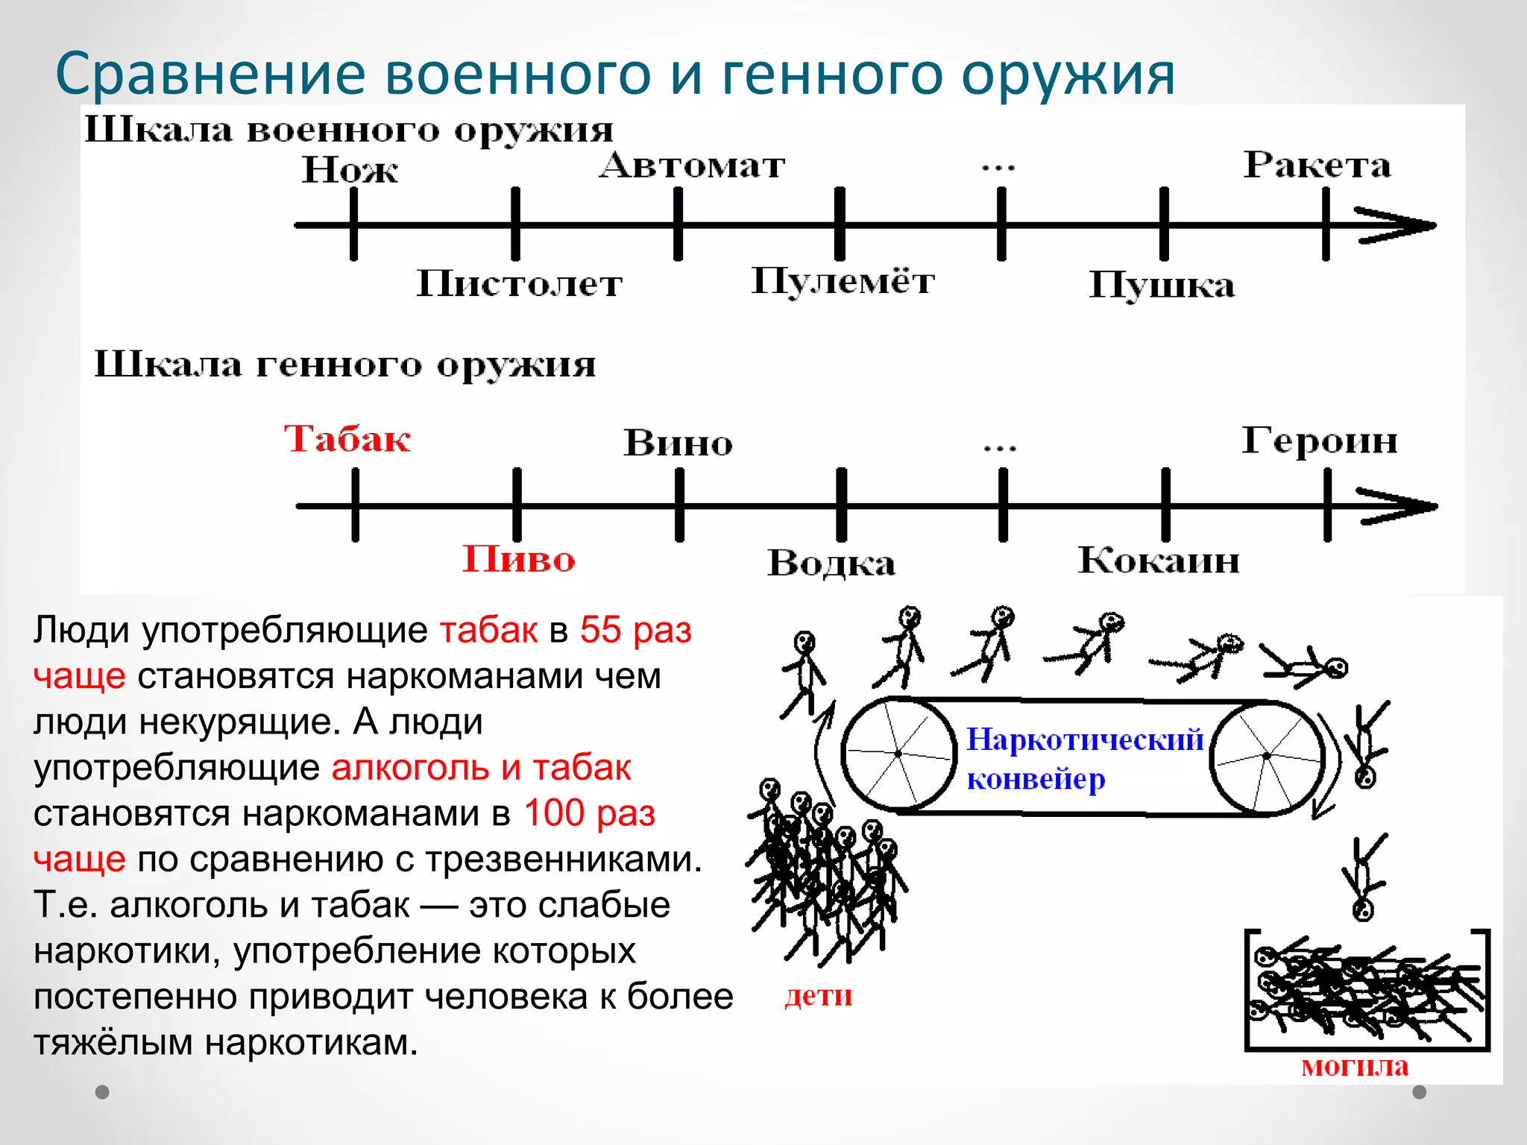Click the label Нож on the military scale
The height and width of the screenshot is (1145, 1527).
coord(349,170)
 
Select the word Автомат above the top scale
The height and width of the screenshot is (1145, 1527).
coord(692,165)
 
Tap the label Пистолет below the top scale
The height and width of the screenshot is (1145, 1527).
coord(519,284)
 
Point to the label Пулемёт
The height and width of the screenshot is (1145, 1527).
coord(843,282)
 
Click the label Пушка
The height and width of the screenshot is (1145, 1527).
coord(1162,286)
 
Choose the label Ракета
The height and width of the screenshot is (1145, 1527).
coord(1317,165)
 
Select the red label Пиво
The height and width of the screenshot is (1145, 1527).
coord(519,559)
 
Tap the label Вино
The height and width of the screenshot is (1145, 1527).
coord(678,443)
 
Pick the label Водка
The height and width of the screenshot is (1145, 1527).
coord(831,563)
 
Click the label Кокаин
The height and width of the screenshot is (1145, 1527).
coord(1159,561)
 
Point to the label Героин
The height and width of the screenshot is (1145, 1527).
coord(1319,441)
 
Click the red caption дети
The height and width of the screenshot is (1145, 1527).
coord(818,996)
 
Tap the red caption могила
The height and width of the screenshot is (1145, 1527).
coord(1355,1067)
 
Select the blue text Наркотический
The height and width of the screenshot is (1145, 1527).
coord(1085,739)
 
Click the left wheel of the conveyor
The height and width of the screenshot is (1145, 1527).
coord(898,754)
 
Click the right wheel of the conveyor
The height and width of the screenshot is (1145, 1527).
coord(1266,757)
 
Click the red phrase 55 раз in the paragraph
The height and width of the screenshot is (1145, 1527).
coord(636,630)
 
